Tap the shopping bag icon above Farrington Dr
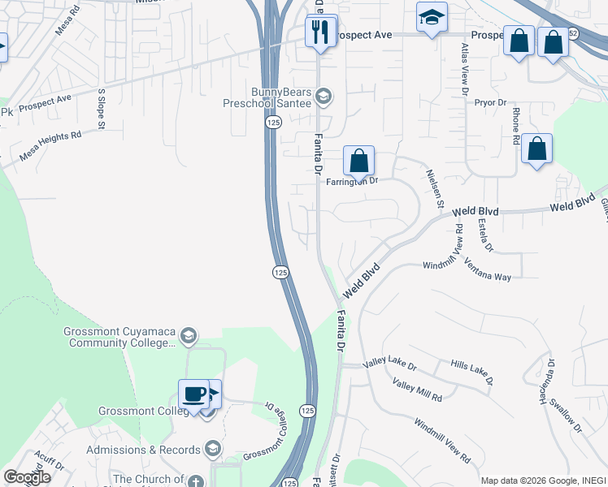(358, 161)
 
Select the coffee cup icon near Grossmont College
(193, 395)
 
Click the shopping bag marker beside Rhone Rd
(536, 149)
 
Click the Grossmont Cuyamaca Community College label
(119, 337)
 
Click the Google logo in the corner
(27, 476)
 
